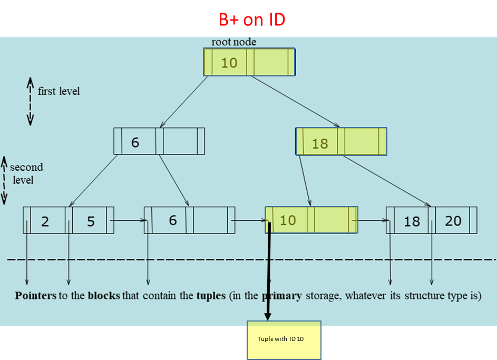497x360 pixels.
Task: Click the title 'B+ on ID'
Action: pyautogui.click(x=252, y=20)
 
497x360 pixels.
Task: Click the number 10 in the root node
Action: pyautogui.click(x=229, y=63)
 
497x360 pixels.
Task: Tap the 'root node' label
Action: pyautogui.click(x=233, y=42)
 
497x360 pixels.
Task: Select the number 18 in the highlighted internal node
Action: pyautogui.click(x=320, y=143)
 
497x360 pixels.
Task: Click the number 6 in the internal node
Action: pyautogui.click(x=135, y=142)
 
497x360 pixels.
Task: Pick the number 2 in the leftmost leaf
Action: pyautogui.click(x=45, y=221)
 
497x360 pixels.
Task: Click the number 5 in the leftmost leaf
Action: pyautogui.click(x=91, y=221)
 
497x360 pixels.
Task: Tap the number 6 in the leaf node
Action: pyautogui.click(x=172, y=220)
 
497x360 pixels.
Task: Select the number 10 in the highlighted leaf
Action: pyautogui.click(x=287, y=220)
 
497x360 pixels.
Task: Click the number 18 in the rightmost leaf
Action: pyautogui.click(x=412, y=221)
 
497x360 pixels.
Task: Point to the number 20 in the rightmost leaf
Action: pyautogui.click(x=453, y=221)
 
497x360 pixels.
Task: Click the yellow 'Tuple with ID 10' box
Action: pyautogui.click(x=284, y=339)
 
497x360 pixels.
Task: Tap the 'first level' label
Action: pyautogui.click(x=59, y=91)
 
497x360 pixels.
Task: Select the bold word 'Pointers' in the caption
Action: pyautogui.click(x=35, y=296)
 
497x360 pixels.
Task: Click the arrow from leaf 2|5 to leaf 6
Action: pyautogui.click(x=129, y=220)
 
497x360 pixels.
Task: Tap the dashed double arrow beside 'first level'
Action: pyautogui.click(x=30, y=102)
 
